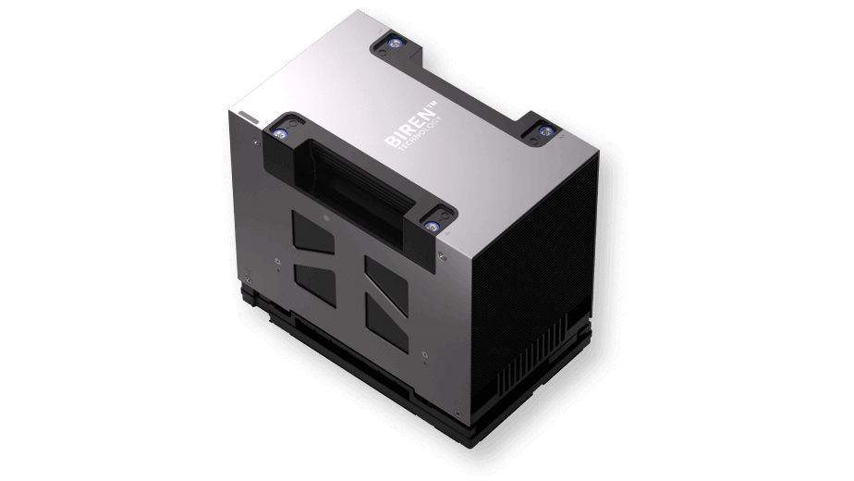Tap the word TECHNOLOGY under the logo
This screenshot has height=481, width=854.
click(x=419, y=133)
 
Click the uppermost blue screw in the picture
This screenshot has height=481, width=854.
click(x=394, y=43)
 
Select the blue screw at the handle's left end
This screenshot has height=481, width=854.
click(x=280, y=132)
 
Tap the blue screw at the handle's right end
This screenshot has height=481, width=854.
click(x=433, y=227)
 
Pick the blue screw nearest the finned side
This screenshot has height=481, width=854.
click(x=543, y=130)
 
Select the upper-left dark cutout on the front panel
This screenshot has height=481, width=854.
click(x=313, y=233)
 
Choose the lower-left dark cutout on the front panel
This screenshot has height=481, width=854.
click(x=315, y=285)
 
